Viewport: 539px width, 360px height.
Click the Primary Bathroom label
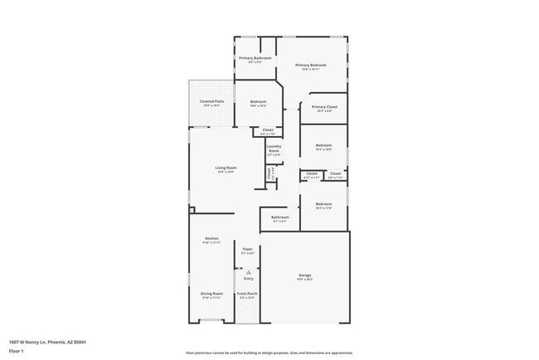pos(255,58)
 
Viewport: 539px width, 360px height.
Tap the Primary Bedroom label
pos(311,65)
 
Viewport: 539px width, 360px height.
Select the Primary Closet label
pos(324,107)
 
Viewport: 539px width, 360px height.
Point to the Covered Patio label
pos(211,101)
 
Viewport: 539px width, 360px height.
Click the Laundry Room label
pos(274,148)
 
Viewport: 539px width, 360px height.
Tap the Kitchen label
pos(211,239)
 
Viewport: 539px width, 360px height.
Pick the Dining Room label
pos(211,294)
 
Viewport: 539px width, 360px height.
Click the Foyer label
pos(247,249)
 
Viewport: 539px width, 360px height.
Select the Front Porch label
pos(247,294)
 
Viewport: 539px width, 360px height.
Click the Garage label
pos(305,275)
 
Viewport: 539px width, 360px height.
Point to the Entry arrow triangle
pos(247,271)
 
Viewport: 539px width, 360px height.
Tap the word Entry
pos(248,279)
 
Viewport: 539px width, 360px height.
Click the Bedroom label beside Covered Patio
pos(258,102)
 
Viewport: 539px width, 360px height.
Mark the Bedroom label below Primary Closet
pos(323,145)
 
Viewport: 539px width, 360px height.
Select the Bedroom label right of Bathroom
pos(323,204)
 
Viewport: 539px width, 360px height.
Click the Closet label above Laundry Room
pos(267,129)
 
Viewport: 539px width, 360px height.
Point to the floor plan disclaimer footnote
pos(269,352)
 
